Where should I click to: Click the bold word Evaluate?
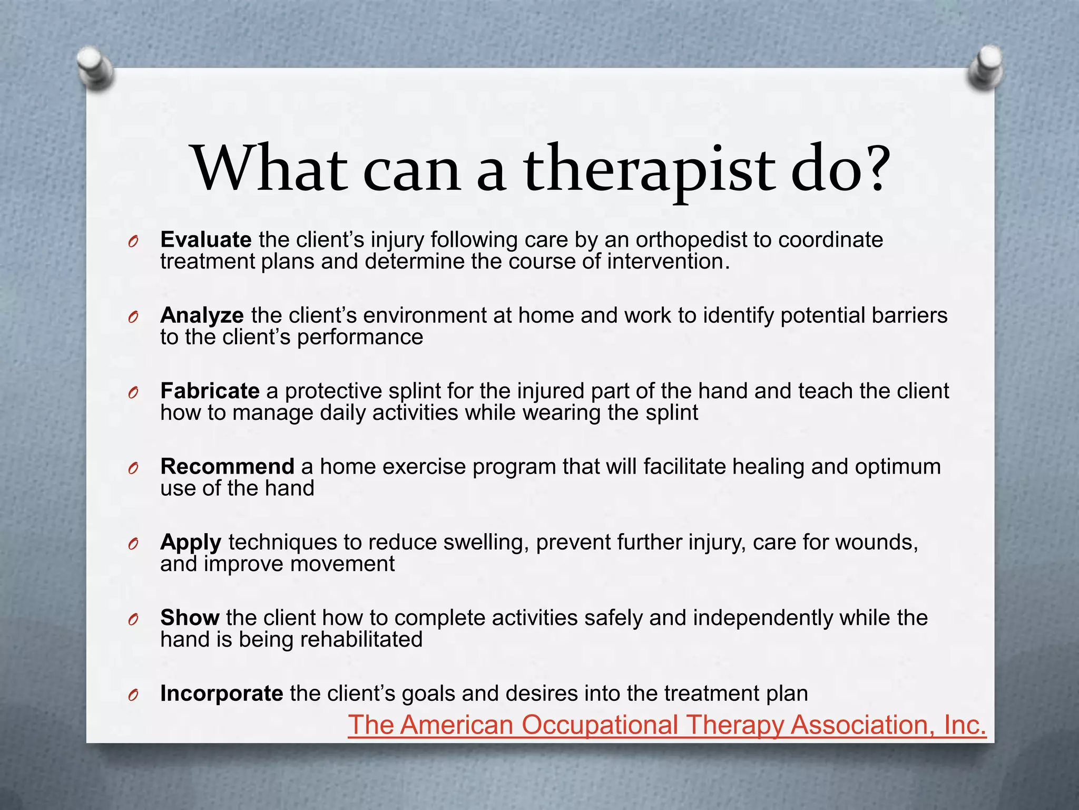click(x=205, y=240)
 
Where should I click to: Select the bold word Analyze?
click(x=202, y=315)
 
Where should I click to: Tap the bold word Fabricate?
click(x=210, y=391)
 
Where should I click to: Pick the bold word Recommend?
click(x=227, y=467)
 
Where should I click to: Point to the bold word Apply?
click(x=191, y=543)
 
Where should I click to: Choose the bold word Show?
click(x=190, y=618)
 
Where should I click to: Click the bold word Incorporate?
click(x=221, y=693)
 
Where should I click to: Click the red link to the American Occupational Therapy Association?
click(x=666, y=725)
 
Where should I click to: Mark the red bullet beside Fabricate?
click(x=133, y=392)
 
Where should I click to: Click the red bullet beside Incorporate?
click(x=133, y=695)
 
